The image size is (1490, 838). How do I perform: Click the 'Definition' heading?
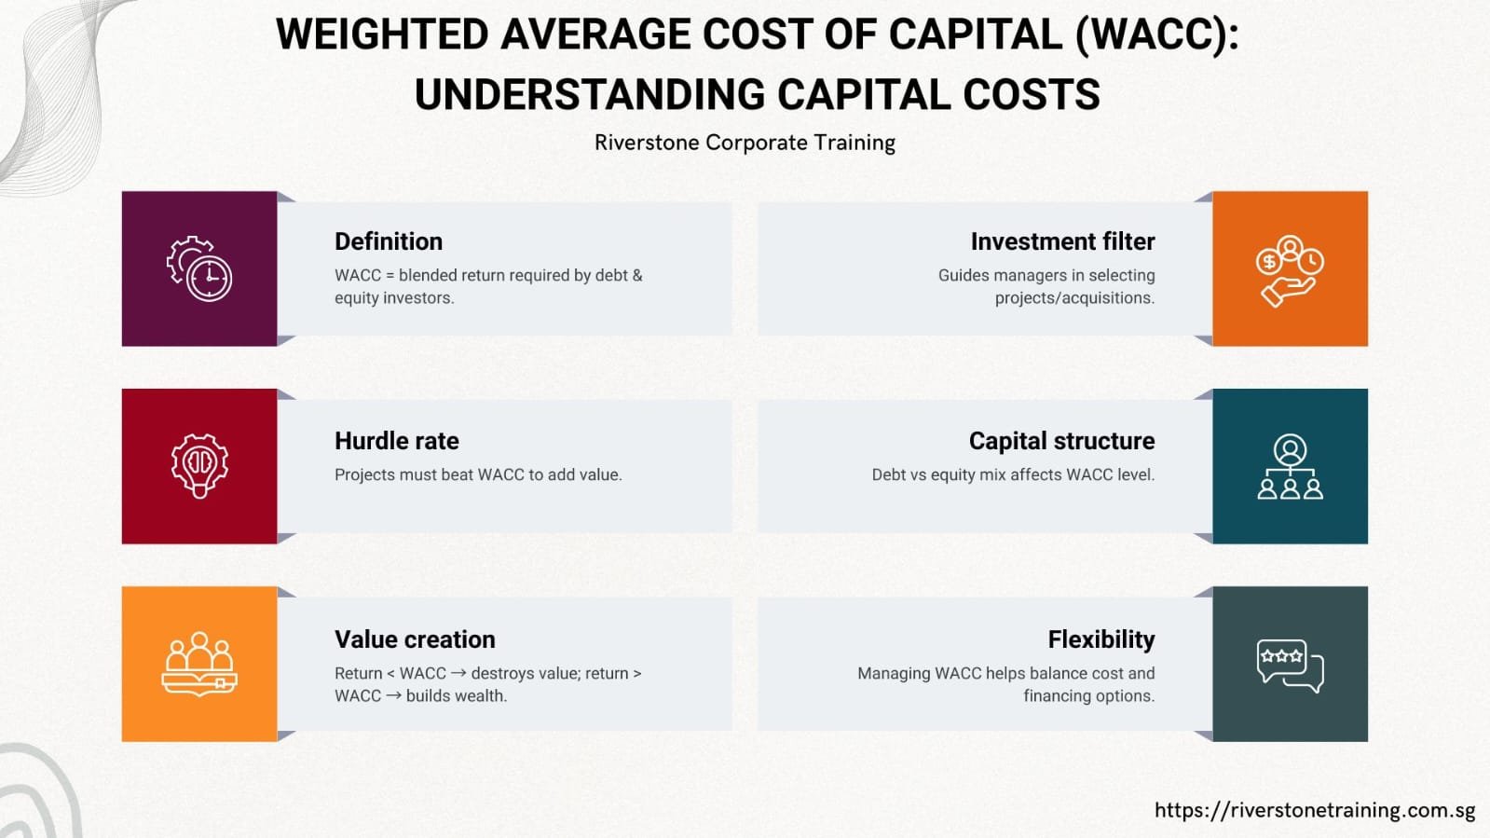[389, 241]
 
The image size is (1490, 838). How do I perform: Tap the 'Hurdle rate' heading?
[396, 441]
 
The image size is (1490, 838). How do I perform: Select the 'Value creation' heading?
[415, 639]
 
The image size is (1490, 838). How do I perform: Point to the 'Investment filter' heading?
[1062, 241]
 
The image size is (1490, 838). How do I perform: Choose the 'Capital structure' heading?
[1061, 441]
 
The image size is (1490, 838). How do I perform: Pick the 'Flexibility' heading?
[1100, 639]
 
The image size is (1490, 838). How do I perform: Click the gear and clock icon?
[199, 268]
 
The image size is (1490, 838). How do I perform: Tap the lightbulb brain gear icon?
[199, 465]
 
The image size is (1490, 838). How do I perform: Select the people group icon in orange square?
[199, 664]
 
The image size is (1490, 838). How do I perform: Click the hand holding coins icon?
[1290, 270]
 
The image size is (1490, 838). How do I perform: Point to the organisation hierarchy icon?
[1290, 466]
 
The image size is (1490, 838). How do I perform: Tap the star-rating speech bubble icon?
[1290, 665]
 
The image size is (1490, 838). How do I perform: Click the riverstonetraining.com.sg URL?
[1315, 810]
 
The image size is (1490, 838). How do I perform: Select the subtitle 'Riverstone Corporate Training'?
[745, 143]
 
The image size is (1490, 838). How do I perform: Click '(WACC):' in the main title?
[1156, 35]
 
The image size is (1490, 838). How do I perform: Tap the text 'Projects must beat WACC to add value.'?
[478, 474]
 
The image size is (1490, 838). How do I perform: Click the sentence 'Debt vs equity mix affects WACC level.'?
[1013, 474]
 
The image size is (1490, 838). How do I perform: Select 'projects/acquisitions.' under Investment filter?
[1074, 298]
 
